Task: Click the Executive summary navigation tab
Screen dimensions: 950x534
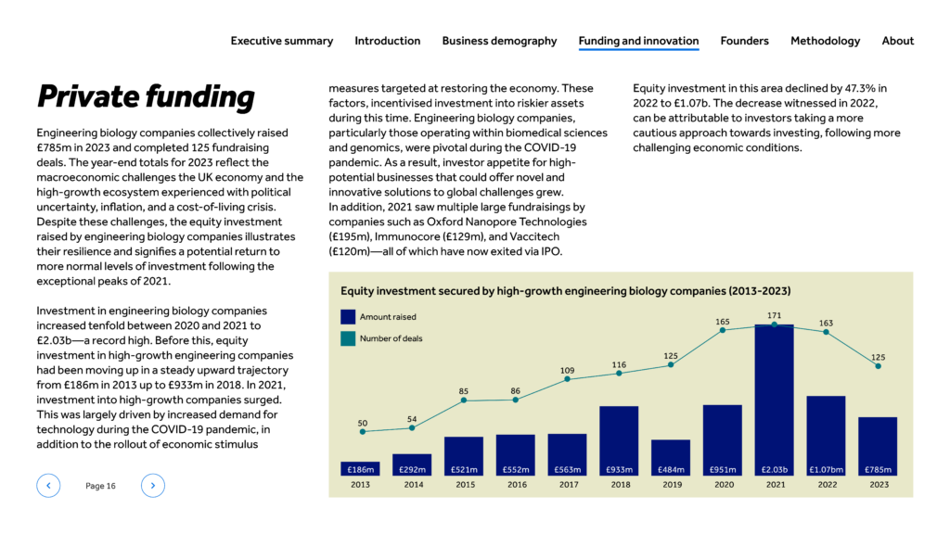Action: point(282,41)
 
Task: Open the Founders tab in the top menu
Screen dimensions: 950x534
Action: point(744,41)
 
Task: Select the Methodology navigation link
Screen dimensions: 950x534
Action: point(825,41)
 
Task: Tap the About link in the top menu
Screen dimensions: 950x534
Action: point(897,41)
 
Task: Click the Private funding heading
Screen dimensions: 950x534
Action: point(146,96)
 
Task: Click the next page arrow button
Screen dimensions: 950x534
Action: point(153,486)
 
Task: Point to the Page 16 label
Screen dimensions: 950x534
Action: point(100,486)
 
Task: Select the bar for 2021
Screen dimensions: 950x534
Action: point(775,400)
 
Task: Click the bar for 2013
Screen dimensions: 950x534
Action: point(360,468)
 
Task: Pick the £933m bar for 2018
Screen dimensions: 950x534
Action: point(619,440)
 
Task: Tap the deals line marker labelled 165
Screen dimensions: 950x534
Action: point(722,330)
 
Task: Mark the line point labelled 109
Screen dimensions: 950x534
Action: point(567,379)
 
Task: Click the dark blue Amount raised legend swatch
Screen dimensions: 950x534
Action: point(348,317)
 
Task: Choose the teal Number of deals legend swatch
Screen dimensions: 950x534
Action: point(348,338)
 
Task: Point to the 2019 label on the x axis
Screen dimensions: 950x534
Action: point(672,484)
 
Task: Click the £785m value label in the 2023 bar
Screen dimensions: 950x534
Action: point(878,469)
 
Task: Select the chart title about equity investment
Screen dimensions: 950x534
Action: point(565,291)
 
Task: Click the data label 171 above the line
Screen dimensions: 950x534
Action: point(775,315)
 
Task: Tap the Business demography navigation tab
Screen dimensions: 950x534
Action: point(499,41)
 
